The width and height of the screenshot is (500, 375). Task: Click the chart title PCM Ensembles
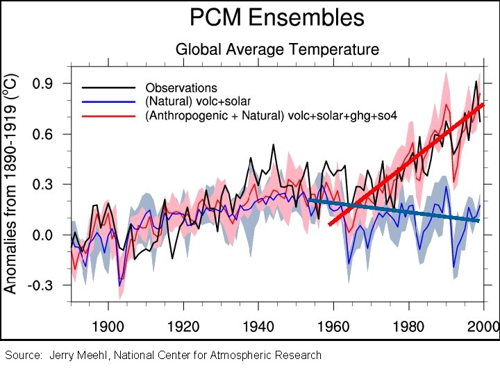coord(277,17)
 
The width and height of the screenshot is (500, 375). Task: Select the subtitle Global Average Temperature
coord(277,49)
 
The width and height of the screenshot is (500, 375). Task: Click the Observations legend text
coord(181,88)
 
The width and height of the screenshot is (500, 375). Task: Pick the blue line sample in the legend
coord(108,101)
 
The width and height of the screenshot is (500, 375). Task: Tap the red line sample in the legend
coord(108,115)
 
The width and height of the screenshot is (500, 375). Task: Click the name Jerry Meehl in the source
coord(80,356)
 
